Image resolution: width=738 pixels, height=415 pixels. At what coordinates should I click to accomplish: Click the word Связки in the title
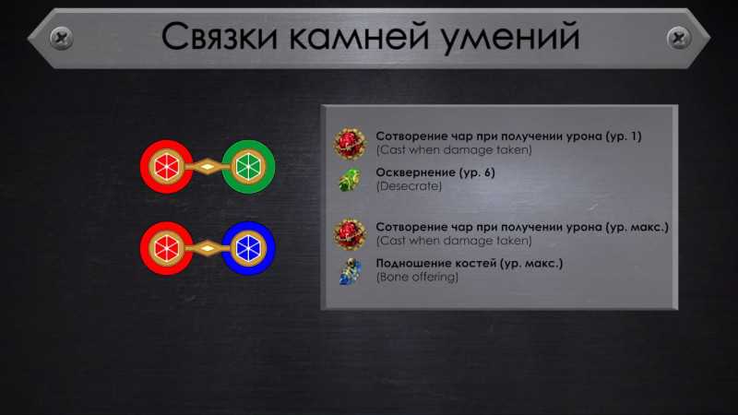point(220,37)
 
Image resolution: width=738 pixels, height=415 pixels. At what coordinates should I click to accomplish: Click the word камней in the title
point(359,37)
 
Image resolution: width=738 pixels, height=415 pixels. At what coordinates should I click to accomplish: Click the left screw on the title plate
point(61,38)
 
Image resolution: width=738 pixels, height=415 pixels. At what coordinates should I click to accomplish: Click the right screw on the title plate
point(679,38)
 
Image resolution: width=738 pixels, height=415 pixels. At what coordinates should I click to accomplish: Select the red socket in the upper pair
point(166,167)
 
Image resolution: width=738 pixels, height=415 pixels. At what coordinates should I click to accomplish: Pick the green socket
point(248,167)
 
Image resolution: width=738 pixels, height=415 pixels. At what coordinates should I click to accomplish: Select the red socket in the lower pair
point(166,248)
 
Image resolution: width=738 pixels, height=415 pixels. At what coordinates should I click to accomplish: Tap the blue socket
point(248,248)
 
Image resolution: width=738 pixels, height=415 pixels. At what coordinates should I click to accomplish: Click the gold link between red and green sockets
point(208,167)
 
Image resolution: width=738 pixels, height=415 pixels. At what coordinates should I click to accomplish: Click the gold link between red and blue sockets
point(208,248)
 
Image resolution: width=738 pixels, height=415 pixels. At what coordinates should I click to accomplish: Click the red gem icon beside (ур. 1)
point(350,144)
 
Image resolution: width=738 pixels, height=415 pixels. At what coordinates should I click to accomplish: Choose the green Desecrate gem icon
point(350,179)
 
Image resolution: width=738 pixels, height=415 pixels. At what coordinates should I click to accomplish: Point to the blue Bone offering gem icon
point(351,271)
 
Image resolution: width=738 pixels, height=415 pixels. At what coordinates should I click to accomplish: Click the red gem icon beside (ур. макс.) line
point(350,234)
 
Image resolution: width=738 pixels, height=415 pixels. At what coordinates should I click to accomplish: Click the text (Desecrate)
point(409,186)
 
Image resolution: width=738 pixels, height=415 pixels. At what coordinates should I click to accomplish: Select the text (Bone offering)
point(417,278)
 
